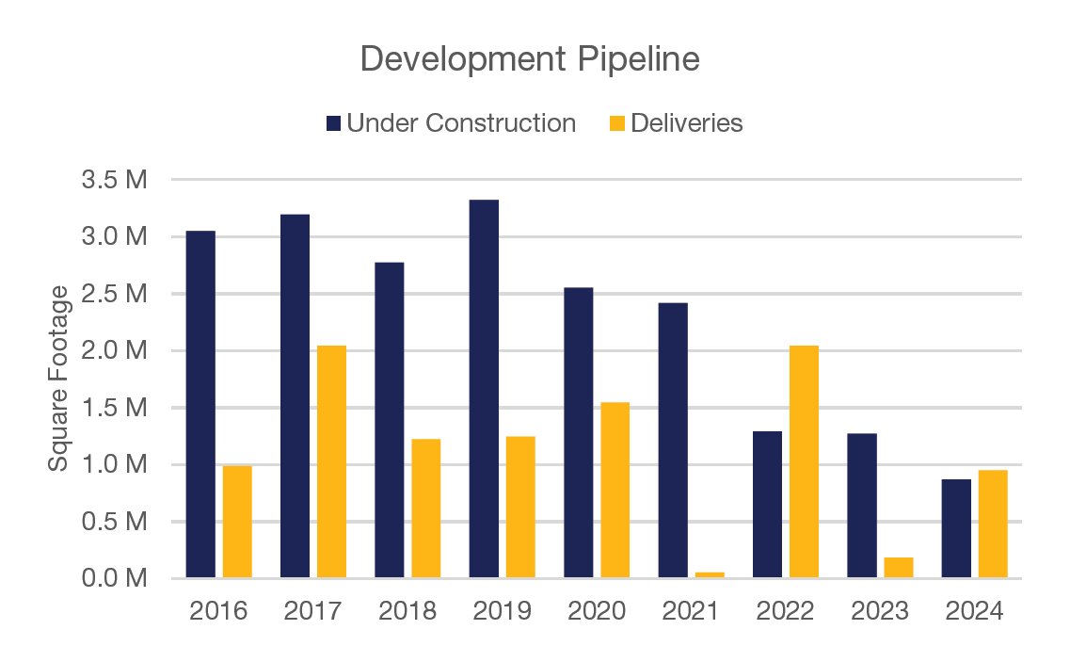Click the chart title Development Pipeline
(530, 58)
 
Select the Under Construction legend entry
(451, 123)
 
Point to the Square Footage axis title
(59, 379)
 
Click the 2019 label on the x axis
(502, 611)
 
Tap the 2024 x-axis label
(974, 611)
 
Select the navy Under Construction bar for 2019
(484, 389)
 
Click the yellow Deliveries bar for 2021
(710, 574)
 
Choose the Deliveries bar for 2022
(804, 461)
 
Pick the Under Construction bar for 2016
(200, 404)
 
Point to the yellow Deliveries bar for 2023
(899, 568)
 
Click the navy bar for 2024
(956, 528)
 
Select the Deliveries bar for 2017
(331, 461)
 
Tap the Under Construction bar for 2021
(673, 440)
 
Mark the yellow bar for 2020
(615, 490)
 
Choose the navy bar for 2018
(390, 420)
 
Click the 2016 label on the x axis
(218, 611)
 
